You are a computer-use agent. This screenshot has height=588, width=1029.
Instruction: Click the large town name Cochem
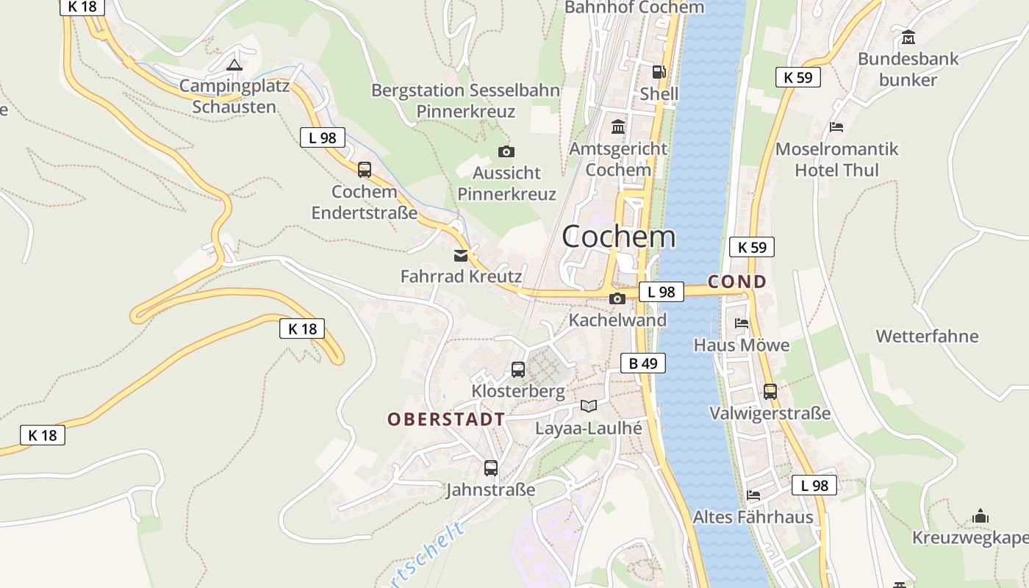618,236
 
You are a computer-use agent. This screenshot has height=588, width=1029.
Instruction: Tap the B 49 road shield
642,363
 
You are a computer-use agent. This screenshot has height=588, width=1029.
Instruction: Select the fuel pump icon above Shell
659,72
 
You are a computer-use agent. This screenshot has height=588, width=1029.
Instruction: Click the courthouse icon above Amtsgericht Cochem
618,127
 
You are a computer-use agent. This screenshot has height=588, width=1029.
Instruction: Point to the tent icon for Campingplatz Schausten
234,65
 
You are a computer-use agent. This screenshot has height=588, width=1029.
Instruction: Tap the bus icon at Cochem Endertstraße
365,170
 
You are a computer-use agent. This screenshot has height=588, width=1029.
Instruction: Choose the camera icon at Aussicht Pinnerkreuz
506,152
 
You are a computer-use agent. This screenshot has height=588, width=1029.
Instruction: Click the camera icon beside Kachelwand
617,298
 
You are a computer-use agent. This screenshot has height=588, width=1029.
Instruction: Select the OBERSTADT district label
446,420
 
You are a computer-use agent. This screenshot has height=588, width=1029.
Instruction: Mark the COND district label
736,282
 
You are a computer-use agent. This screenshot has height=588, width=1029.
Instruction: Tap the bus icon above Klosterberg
518,370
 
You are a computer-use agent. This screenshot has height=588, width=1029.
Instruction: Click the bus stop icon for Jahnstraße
491,468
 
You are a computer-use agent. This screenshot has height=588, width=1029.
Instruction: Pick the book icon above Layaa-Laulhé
589,406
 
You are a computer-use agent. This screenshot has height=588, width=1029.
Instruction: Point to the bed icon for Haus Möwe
742,323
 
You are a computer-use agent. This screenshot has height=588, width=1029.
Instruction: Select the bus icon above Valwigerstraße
770,392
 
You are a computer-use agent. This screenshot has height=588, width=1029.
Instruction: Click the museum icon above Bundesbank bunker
908,37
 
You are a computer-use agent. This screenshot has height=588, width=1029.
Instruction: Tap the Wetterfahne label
927,337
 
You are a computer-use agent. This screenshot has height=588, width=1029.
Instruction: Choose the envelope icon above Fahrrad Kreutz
461,256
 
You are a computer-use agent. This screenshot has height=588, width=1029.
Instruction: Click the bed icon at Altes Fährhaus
753,495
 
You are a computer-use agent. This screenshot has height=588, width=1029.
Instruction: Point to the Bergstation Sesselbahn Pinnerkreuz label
465,101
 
